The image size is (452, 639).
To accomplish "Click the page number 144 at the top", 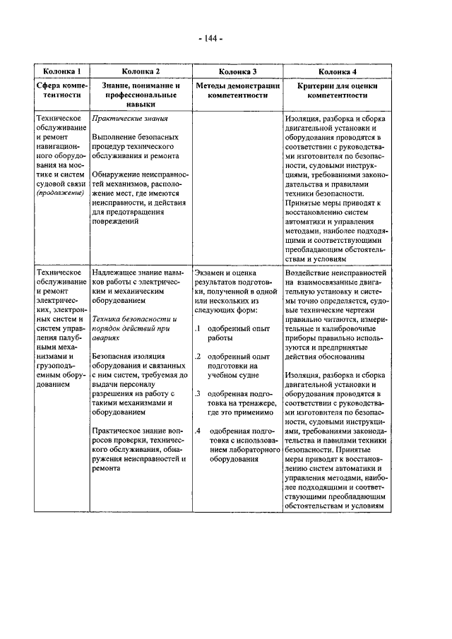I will (210, 39).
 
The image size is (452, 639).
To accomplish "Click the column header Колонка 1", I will (62, 71).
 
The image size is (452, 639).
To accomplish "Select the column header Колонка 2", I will (141, 71).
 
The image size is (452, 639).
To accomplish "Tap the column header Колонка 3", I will (237, 71).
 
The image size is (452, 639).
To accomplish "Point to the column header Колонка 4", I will (337, 71).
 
